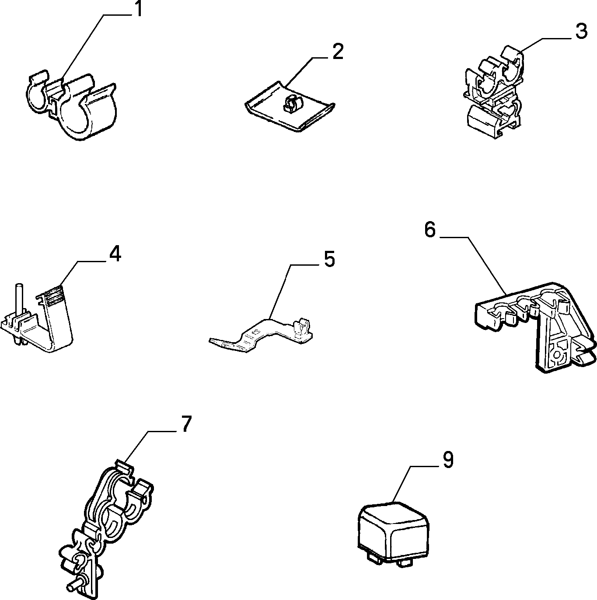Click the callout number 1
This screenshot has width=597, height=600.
(138, 10)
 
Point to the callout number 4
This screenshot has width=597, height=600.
(115, 254)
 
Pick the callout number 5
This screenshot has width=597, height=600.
(329, 259)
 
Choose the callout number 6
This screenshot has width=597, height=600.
(430, 230)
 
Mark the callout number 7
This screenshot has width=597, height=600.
(186, 424)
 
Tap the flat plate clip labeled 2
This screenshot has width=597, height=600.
(290, 108)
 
